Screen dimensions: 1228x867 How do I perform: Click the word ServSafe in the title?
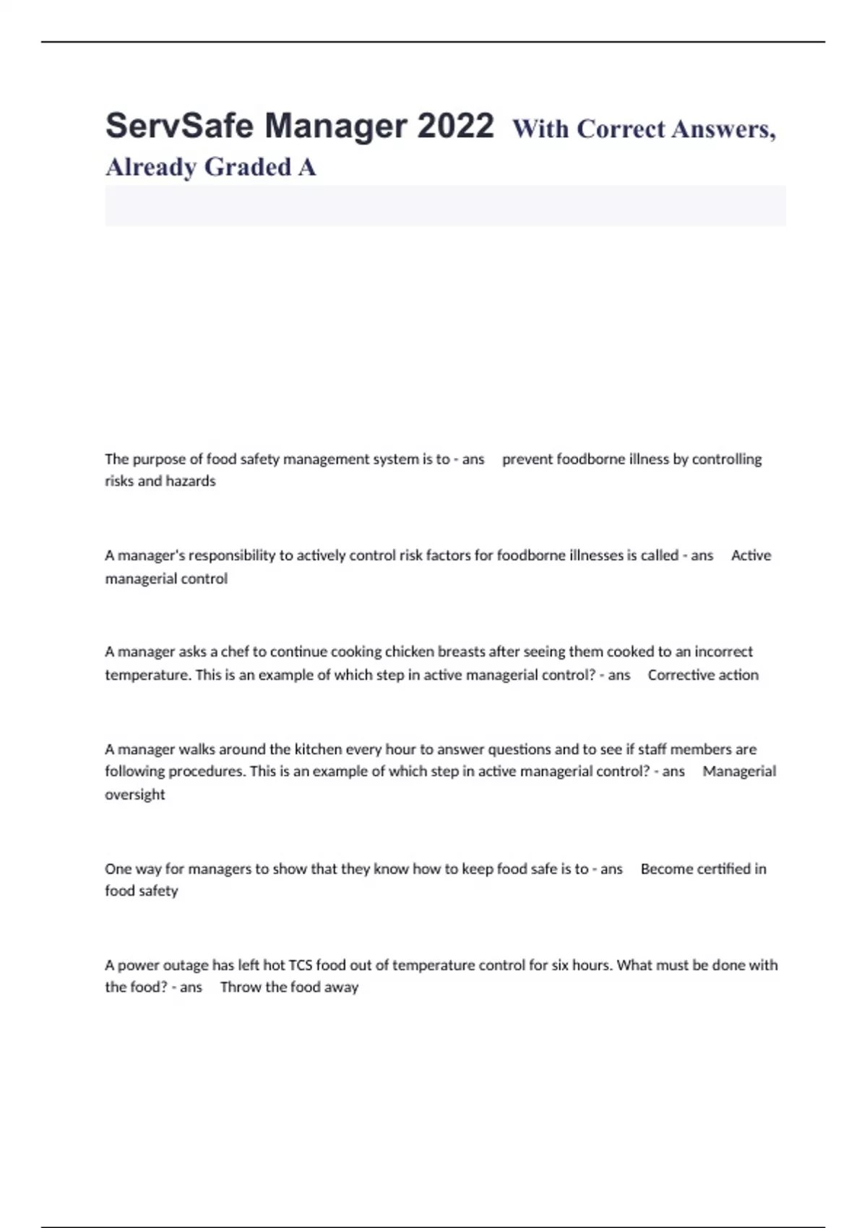pos(178,126)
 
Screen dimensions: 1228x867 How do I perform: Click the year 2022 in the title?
pos(455,126)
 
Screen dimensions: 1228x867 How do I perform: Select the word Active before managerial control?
pos(751,555)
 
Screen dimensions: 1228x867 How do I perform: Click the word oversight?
pos(135,795)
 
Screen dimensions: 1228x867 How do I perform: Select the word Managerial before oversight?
pos(739,771)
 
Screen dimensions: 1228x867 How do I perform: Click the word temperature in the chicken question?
pos(147,675)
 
